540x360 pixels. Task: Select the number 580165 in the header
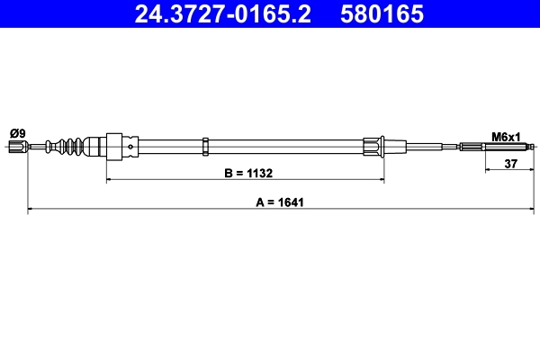[x=379, y=14]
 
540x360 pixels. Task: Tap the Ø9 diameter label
[x=17, y=133]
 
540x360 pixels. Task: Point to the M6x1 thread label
[x=506, y=137]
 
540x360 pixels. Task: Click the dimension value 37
[x=510, y=163]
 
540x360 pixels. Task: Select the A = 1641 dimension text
[x=281, y=202]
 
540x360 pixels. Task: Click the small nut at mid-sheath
[x=206, y=146]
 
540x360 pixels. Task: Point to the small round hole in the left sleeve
[x=132, y=146]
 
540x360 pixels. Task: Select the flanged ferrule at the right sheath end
[x=374, y=146]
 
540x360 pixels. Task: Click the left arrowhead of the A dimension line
[x=31, y=211]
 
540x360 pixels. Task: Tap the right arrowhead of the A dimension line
[x=534, y=211]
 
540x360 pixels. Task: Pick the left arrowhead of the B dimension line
[x=110, y=180]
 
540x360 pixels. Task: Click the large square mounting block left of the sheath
[x=114, y=146]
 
